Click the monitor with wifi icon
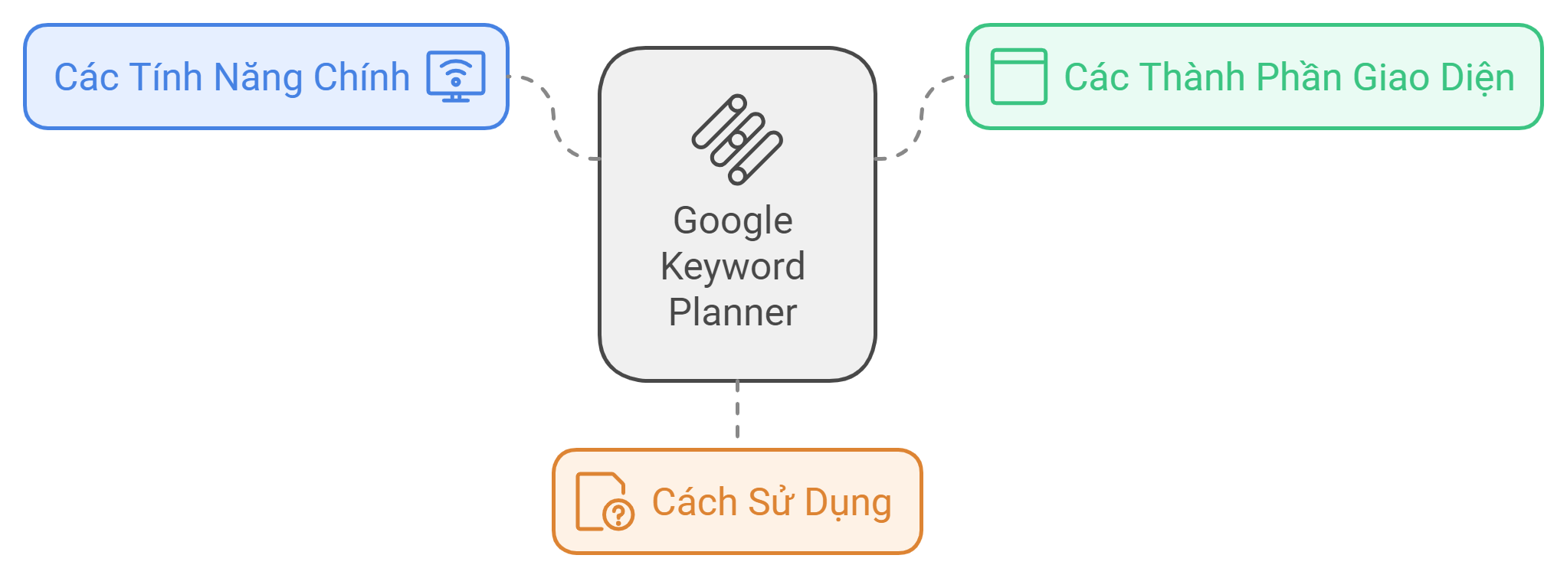pos(456,77)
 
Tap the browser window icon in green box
pos(1018,77)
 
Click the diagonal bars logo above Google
pos(737,139)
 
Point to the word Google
pos(733,220)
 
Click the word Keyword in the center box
pos(733,266)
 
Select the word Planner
pos(733,312)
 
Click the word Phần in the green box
pos(1300,78)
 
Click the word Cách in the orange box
pos(694,502)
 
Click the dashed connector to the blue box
pos(553,119)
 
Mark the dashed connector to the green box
pos(921,119)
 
